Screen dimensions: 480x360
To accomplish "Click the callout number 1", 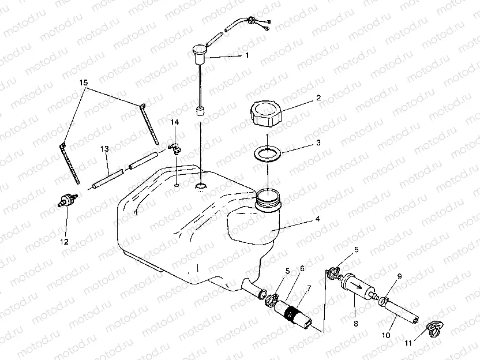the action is click(247, 55).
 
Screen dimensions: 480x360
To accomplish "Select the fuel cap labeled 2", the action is click(266, 114).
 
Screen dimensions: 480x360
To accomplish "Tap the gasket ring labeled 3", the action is click(268, 153).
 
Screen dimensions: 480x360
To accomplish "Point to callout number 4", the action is click(318, 219).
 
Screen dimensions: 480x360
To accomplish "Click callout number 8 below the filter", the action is click(356, 324).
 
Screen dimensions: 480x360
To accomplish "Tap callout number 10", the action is click(386, 335).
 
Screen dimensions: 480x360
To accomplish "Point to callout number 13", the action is click(104, 149).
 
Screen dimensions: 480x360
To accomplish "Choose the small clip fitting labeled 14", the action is click(175, 148).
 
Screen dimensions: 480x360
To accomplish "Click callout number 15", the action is click(83, 82).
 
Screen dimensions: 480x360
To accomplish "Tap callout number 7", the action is click(309, 288).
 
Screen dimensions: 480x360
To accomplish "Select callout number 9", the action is click(399, 277).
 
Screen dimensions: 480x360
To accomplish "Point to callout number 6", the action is click(302, 269).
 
